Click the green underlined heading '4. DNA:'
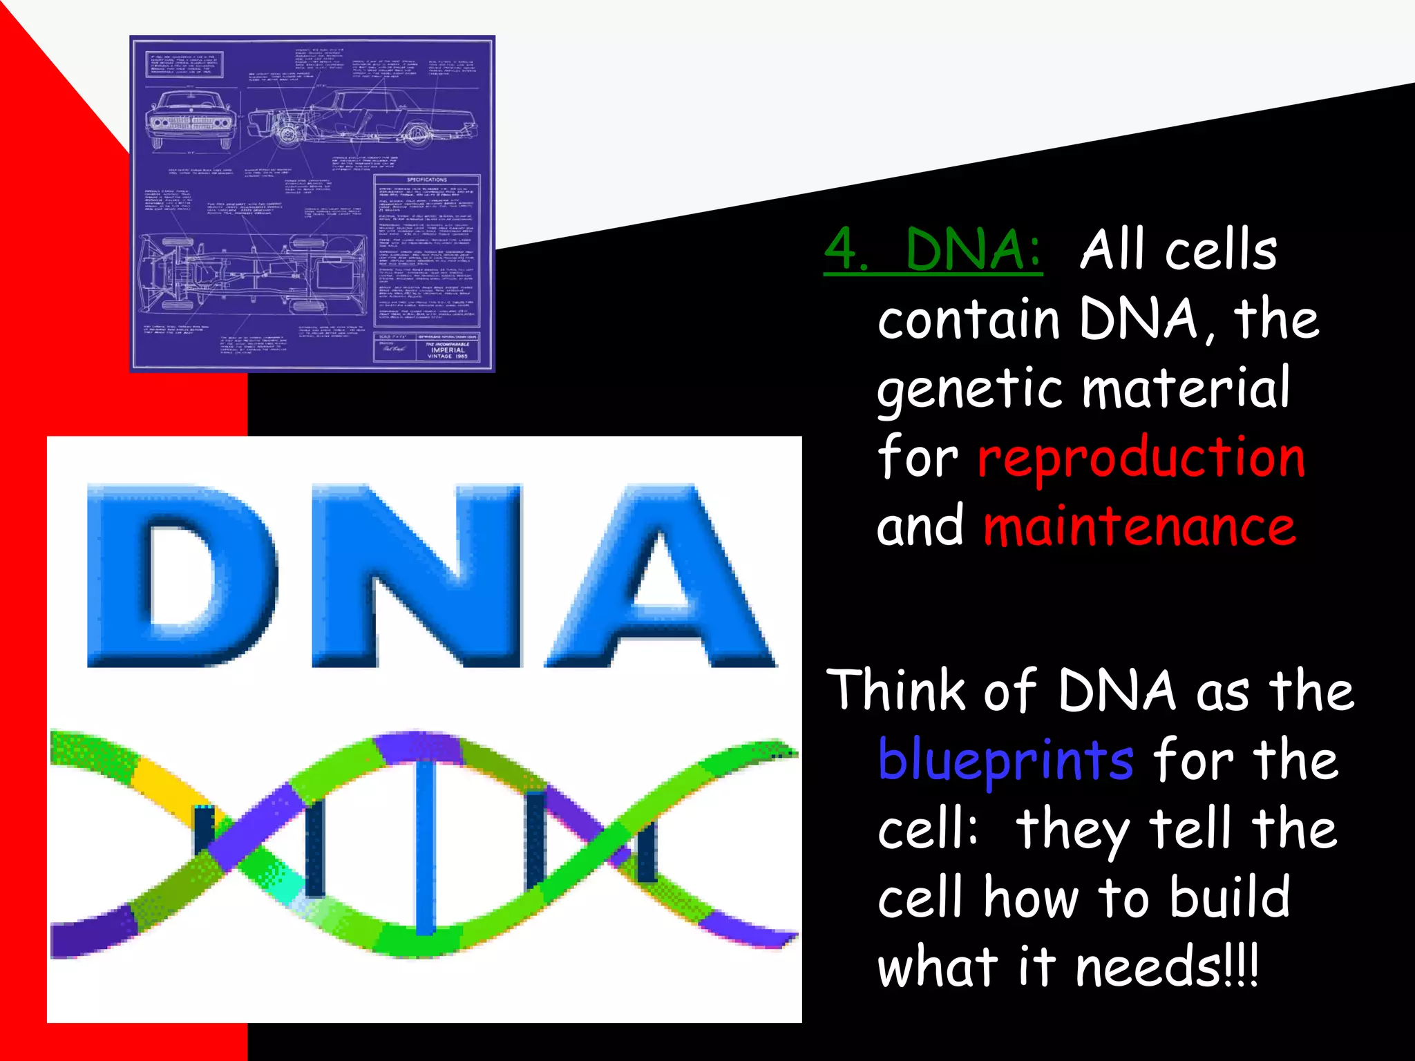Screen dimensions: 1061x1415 pyautogui.click(x=933, y=250)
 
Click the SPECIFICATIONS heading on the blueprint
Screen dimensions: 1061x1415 pyautogui.click(x=426, y=180)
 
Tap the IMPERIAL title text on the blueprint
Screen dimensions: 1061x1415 pyautogui.click(x=448, y=350)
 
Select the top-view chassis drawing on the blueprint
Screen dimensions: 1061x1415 pyautogui.click(x=252, y=273)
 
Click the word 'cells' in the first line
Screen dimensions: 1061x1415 pyautogui.click(x=1221, y=250)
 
